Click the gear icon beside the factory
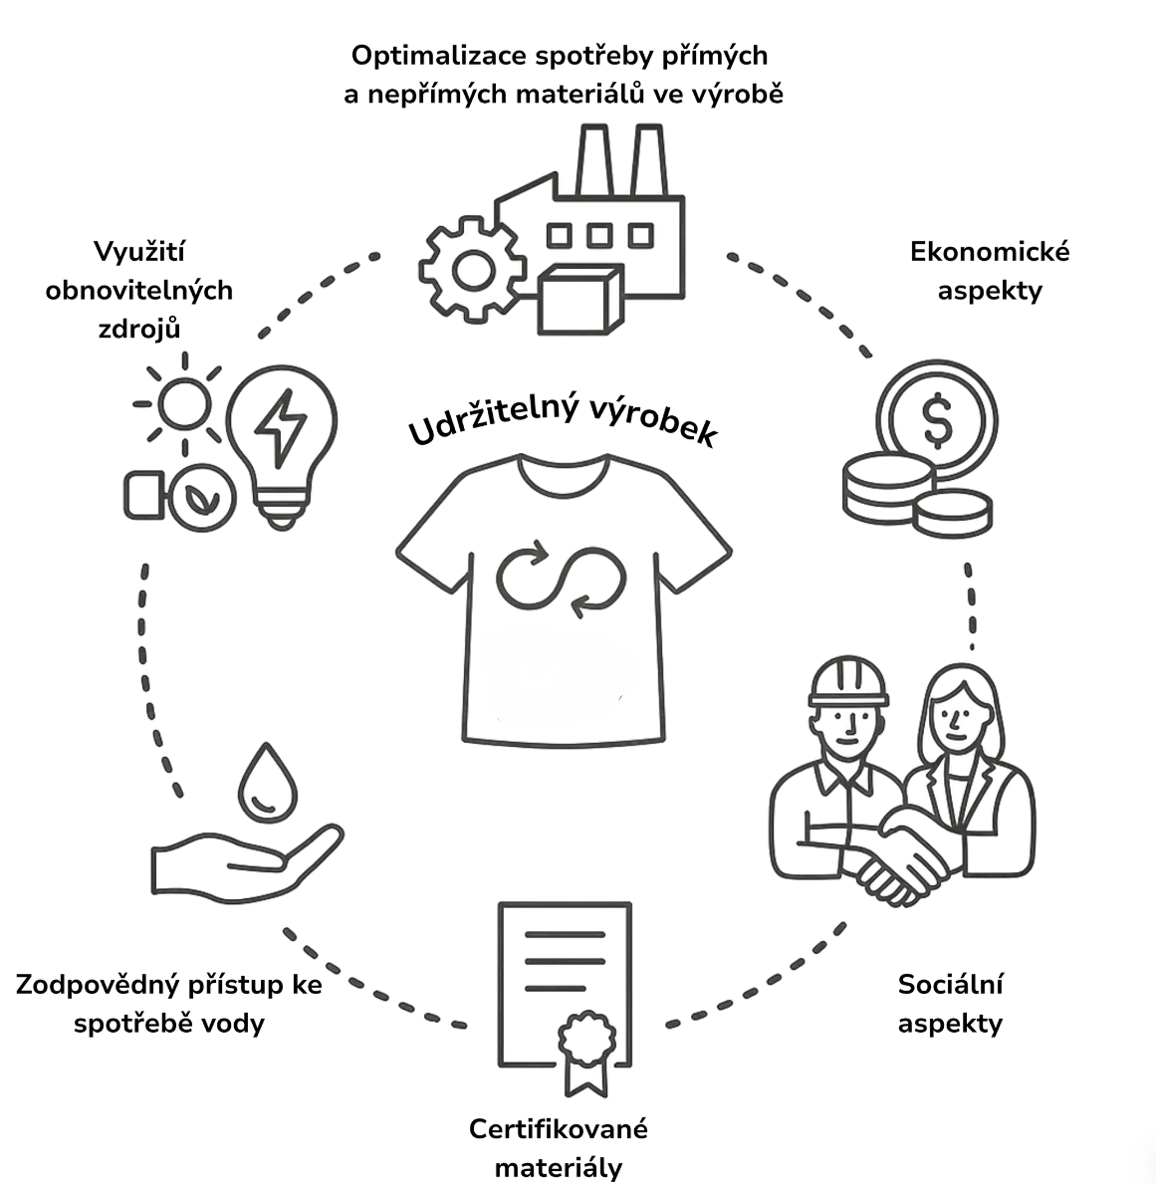[x=472, y=268]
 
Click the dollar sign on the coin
[x=937, y=420]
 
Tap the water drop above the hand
[x=266, y=784]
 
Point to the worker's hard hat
[x=847, y=682]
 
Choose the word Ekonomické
[x=990, y=251]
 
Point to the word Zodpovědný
[x=98, y=985]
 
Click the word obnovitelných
[x=139, y=290]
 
